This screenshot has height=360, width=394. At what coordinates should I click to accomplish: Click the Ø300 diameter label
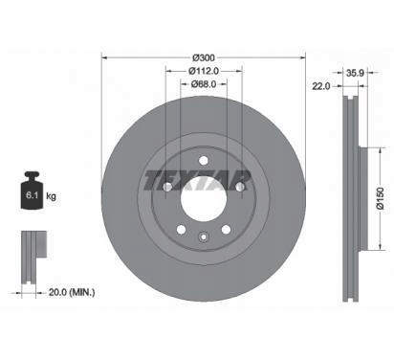[x=204, y=58]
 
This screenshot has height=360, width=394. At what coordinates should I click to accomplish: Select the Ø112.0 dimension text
[x=204, y=71]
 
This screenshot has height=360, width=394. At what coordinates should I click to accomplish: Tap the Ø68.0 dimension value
[x=204, y=84]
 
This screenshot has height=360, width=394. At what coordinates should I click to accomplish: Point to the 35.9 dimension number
[x=355, y=73]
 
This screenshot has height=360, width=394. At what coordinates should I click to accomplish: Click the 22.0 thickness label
[x=321, y=86]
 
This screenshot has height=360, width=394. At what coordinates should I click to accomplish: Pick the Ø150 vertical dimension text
[x=381, y=198]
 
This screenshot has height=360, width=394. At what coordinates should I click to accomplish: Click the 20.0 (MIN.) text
[x=72, y=292]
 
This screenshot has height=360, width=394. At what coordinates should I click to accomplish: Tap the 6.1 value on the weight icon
[x=32, y=195]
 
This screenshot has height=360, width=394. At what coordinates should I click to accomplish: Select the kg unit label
[x=51, y=195]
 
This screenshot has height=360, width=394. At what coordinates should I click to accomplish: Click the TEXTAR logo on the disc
[x=198, y=180]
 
